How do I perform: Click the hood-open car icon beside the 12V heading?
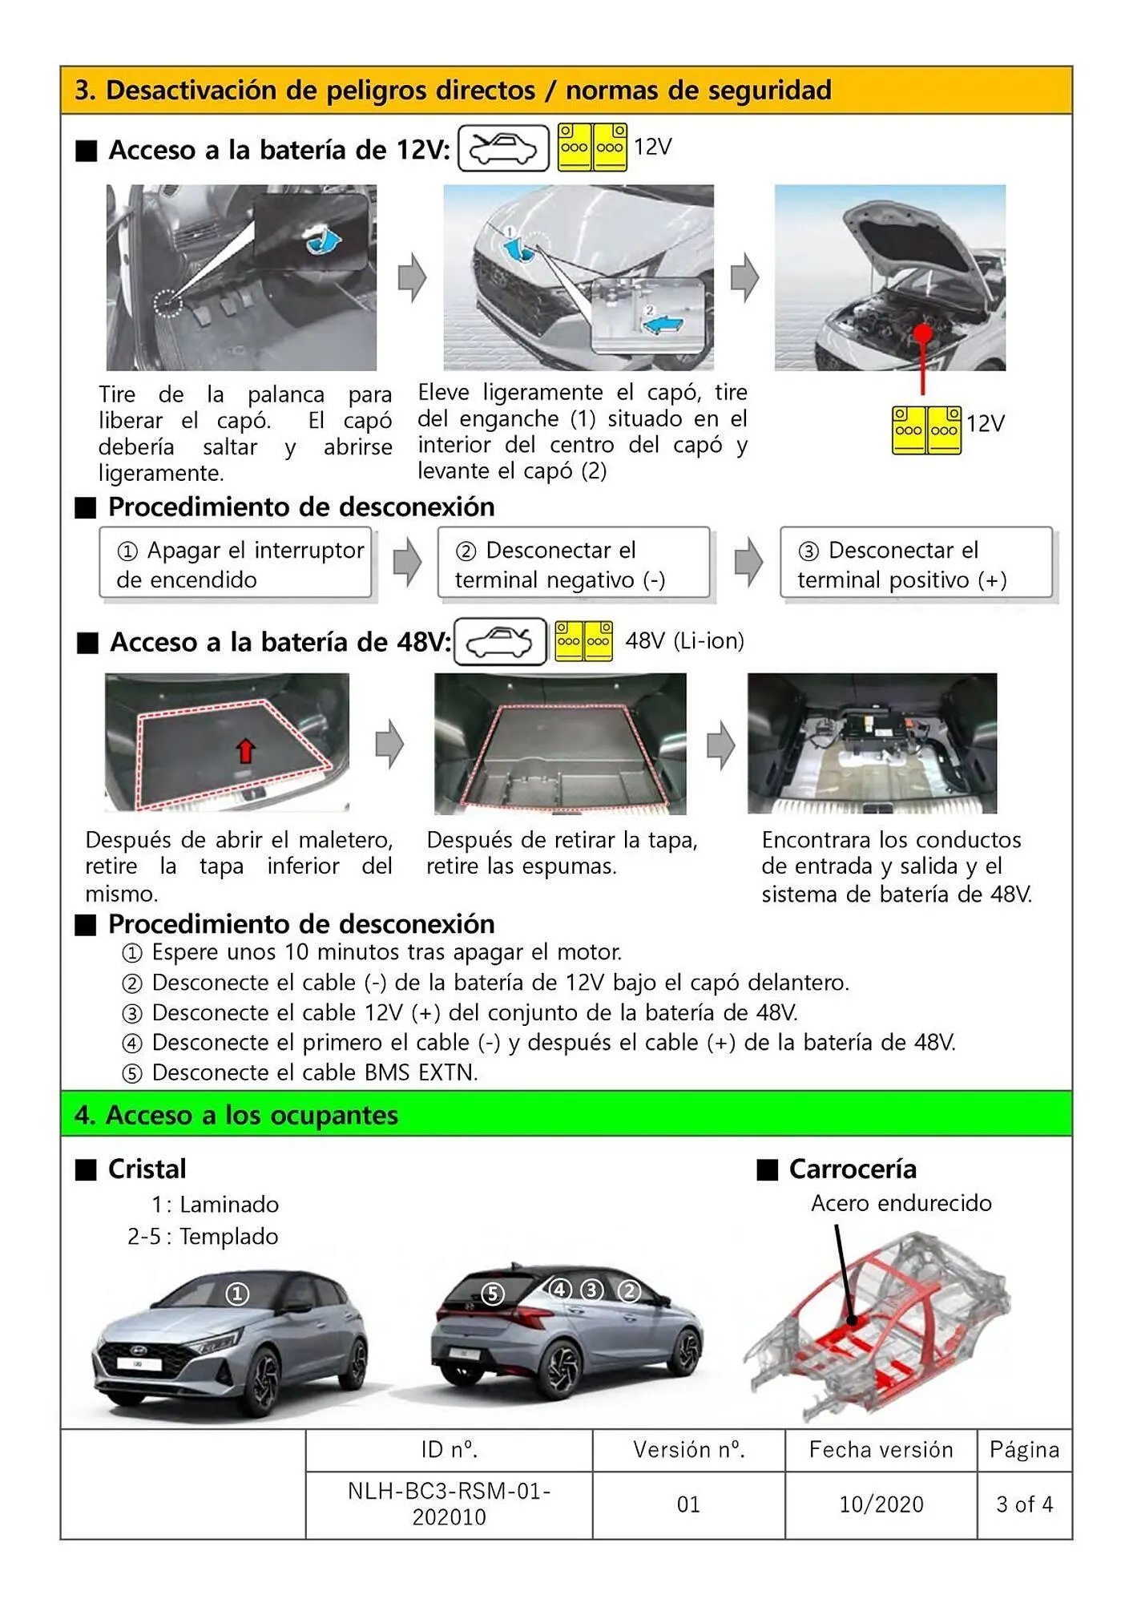coord(503,148)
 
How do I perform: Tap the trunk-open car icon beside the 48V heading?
coord(500,642)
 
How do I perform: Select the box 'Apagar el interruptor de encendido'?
coord(236,564)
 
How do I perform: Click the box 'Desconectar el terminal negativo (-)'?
coord(574,564)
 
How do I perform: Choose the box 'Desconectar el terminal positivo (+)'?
coord(916,564)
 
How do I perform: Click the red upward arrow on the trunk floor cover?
coord(245,750)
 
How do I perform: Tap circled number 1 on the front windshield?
coord(236,1293)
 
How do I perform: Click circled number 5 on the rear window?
coord(493,1293)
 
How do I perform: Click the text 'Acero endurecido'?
coord(901,1203)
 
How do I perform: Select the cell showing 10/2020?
coord(881,1504)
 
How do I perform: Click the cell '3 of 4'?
coord(1024,1504)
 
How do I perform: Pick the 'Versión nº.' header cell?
coord(688,1449)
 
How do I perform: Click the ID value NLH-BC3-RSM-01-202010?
coord(449,1504)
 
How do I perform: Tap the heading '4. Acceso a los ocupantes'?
coord(236,1115)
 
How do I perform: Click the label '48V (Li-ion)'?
coord(684,641)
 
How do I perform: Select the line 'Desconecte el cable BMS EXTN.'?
coord(314,1072)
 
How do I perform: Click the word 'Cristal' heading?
coord(147,1169)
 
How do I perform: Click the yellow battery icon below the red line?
coord(926,430)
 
